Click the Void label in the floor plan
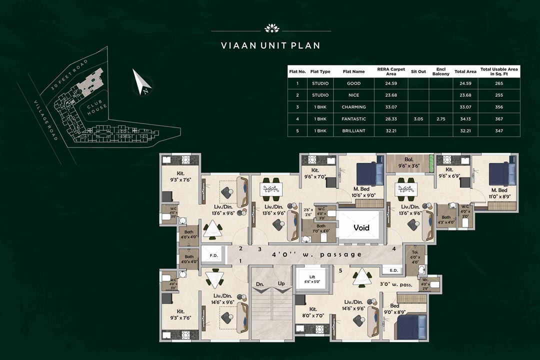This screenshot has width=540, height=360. click(x=361, y=227)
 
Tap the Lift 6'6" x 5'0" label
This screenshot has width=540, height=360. click(x=312, y=279)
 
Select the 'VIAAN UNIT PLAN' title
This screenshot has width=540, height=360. click(x=270, y=45)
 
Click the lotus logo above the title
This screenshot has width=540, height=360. click(x=270, y=28)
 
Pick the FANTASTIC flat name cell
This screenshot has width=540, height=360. click(x=356, y=119)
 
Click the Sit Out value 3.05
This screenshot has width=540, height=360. click(x=418, y=119)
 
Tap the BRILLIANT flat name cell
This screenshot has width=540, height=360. click(x=356, y=131)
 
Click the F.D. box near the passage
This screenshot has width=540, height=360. click(x=213, y=255)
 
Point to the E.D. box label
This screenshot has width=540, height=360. click(x=392, y=271)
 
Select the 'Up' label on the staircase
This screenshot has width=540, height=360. click(x=281, y=283)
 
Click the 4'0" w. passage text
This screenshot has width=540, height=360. click(x=316, y=254)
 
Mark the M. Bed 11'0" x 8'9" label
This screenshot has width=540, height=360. click(x=499, y=193)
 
